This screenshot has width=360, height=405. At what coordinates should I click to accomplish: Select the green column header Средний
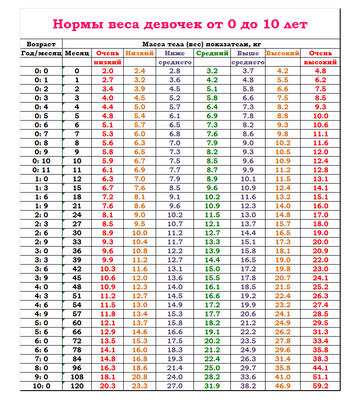212,53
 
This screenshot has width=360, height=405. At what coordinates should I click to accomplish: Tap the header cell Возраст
41,44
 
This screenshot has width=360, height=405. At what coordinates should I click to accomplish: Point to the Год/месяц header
41,53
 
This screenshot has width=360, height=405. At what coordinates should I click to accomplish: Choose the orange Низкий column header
139,53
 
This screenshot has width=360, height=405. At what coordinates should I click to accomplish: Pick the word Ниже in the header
175,53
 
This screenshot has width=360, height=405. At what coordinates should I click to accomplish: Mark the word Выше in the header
248,53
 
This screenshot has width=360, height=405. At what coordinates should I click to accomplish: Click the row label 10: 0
41,386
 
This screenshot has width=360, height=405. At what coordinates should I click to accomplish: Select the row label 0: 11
41,170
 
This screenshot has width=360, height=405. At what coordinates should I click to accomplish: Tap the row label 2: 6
41,233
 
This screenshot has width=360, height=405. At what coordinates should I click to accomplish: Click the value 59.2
320,386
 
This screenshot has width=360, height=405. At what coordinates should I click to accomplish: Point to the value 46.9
283,386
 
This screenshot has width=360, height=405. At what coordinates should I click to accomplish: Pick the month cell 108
77,377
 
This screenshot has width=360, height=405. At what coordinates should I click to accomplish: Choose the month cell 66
77,332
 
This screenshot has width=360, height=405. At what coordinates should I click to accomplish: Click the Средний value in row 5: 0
212,323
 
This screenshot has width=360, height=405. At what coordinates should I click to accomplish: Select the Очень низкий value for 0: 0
108,71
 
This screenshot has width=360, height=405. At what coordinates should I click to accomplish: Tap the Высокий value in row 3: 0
283,251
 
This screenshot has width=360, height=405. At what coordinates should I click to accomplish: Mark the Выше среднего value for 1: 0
248,179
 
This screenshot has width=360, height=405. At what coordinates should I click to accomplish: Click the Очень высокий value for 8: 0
320,368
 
